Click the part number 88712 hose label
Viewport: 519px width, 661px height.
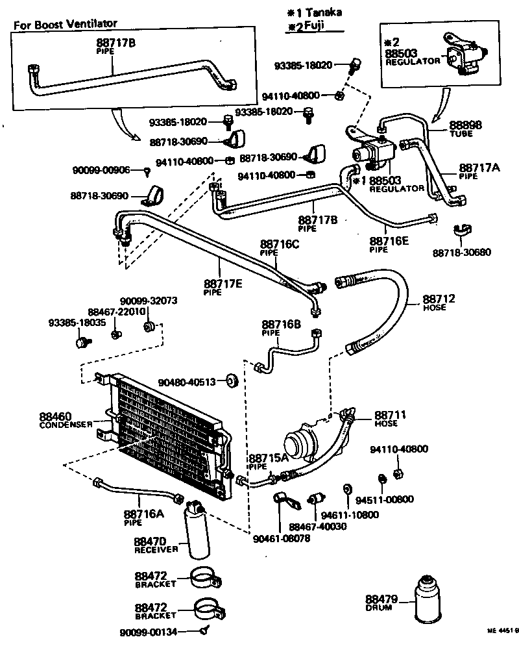tap(439, 299)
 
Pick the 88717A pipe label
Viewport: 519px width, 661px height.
tap(479, 168)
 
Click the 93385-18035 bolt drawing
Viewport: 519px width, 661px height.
tap(82, 341)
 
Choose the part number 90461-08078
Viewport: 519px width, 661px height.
tap(281, 538)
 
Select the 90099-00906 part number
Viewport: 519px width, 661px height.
tap(101, 170)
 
